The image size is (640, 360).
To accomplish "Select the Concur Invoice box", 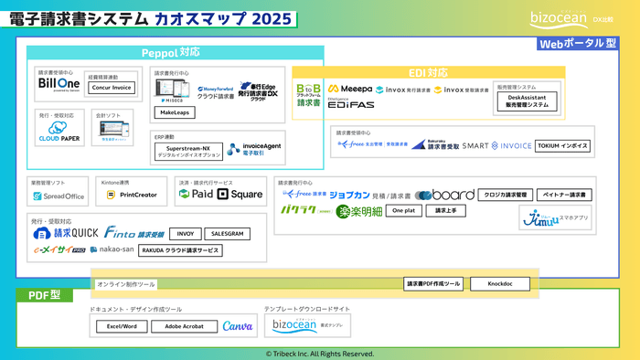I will (111, 88).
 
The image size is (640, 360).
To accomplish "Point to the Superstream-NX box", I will (187, 150).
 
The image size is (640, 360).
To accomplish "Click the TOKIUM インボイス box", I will (563, 145).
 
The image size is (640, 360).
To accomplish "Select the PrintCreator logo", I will (132, 195).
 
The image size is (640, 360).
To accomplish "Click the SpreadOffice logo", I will (58, 196).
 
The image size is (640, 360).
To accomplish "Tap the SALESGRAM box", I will (228, 234).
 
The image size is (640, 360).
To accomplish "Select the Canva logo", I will (237, 326).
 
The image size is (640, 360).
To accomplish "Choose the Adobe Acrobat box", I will (179, 326).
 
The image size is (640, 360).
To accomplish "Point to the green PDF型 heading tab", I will (45, 295).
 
